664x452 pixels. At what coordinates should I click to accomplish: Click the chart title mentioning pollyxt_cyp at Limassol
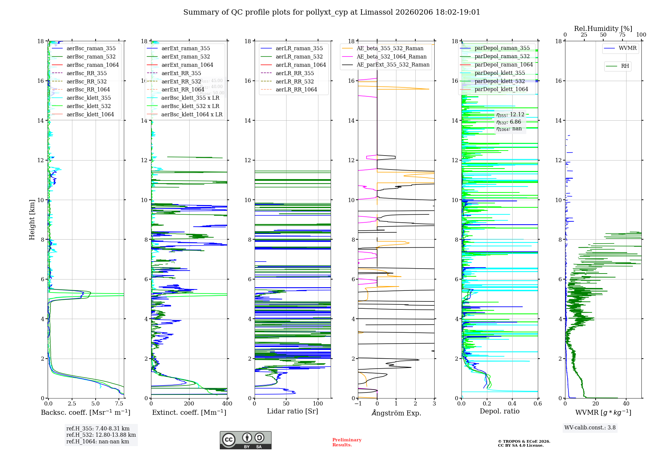coord(332,12)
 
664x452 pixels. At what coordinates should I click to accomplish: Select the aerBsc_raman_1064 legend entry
coord(92,65)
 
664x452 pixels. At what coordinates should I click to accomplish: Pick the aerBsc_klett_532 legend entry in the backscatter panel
coord(88,106)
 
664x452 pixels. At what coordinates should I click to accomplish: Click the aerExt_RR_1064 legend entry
coord(183,89)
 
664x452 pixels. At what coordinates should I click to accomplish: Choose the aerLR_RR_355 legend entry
coord(294,73)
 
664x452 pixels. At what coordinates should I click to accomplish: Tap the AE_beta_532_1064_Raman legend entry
coord(391,56)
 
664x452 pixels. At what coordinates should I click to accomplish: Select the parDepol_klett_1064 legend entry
coord(501,89)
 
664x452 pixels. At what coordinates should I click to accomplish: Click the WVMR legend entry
coord(627,48)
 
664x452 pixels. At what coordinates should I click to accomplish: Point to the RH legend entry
coord(625,66)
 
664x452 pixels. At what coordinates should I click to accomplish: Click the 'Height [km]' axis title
coord(32,219)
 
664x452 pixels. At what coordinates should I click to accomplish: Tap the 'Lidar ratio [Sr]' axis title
coord(292,411)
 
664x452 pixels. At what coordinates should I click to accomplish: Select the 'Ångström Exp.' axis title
coord(396,413)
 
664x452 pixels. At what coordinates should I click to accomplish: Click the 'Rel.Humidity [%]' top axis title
coord(603,29)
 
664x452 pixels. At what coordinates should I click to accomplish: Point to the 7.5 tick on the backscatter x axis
coord(119,404)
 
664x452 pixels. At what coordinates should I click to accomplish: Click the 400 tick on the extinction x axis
coord(227,404)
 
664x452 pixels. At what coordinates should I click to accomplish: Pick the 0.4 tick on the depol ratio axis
coord(512,404)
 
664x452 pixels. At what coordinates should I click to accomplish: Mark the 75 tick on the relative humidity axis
coord(622,35)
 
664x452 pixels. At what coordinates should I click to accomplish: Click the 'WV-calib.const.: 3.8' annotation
coord(590,428)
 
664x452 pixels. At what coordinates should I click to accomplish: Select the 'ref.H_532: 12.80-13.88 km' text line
coord(101,435)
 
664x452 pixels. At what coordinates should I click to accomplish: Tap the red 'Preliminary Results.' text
coord(347,442)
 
